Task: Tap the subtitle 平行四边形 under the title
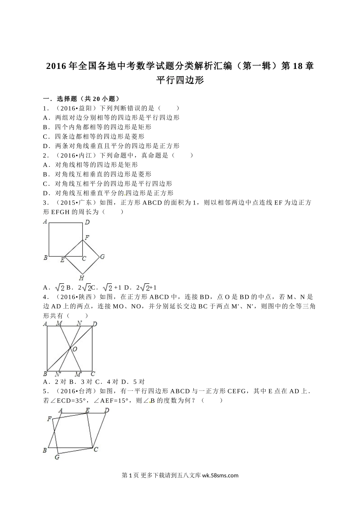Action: pos(180,80)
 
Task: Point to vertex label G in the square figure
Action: pos(102,257)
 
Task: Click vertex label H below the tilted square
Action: pos(81,278)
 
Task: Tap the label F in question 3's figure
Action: pos(87,238)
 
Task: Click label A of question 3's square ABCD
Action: pos(45,222)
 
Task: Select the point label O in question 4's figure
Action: pos(75,349)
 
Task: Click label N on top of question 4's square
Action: pos(79,323)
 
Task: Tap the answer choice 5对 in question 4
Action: pos(139,382)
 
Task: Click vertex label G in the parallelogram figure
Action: pos(57,457)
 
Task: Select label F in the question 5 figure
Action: pos(49,419)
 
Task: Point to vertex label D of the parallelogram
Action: pos(107,410)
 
